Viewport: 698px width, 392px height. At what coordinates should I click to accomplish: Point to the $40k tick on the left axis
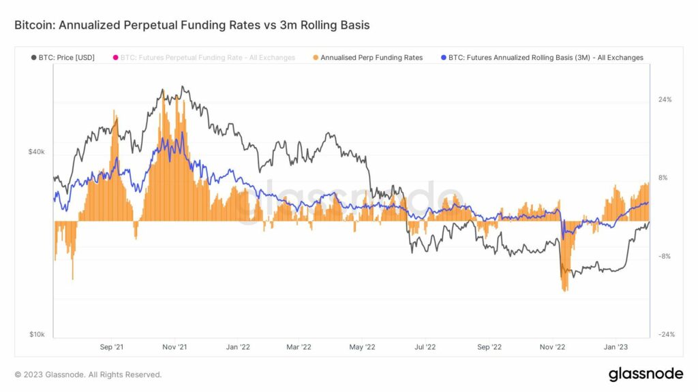[x=36, y=152]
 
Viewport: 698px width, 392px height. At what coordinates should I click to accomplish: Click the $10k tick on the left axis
[x=36, y=334]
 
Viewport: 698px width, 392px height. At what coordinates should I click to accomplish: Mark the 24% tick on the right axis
[x=665, y=99]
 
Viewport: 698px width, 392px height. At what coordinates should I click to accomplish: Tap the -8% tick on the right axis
[x=665, y=257]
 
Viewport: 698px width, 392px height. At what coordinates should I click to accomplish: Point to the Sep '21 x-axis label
[x=111, y=347]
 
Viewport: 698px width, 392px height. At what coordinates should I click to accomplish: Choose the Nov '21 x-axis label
[x=174, y=347]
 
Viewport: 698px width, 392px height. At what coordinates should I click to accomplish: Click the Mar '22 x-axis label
[x=299, y=347]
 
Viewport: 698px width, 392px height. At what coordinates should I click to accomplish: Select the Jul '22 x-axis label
[x=425, y=347]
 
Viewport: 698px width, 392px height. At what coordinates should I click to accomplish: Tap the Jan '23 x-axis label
[x=616, y=347]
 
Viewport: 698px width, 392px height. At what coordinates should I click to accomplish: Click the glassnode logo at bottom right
[x=645, y=374]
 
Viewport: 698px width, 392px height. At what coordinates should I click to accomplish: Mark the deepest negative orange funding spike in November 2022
[x=564, y=289]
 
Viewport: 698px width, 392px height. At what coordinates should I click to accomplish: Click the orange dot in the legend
[x=315, y=58]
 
